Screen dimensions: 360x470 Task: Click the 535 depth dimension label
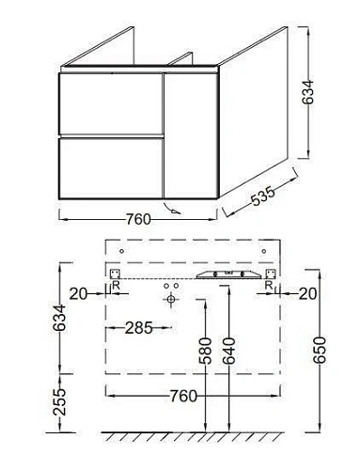(263, 196)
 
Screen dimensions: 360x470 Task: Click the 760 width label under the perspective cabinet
(138, 219)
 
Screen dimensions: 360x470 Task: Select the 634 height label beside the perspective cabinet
(307, 92)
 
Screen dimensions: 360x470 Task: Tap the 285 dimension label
(139, 328)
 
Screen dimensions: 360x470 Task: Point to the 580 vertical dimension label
(206, 351)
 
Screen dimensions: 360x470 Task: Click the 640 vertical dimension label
(228, 351)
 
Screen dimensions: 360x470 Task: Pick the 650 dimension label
(320, 350)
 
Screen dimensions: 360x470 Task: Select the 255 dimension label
(59, 402)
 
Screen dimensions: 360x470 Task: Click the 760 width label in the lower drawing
(183, 396)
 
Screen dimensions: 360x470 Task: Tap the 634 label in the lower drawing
(59, 318)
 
